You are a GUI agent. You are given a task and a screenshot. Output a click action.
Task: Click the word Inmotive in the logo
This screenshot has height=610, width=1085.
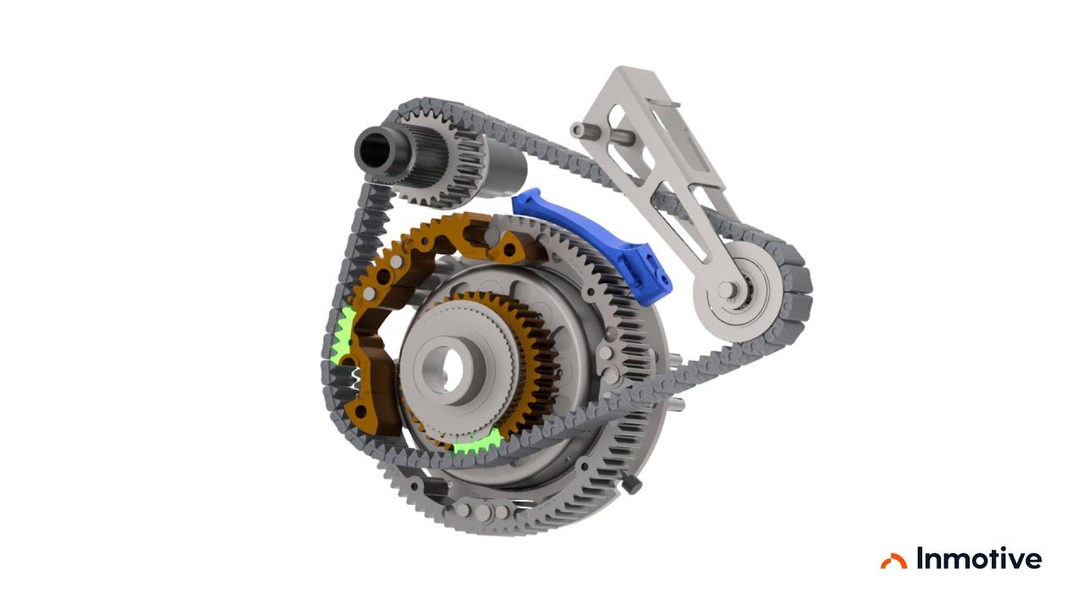point(979,558)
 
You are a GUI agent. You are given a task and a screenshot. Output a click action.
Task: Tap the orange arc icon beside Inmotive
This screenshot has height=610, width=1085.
point(893,561)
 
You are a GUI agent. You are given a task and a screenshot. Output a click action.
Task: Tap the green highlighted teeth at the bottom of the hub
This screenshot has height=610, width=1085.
point(477,443)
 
